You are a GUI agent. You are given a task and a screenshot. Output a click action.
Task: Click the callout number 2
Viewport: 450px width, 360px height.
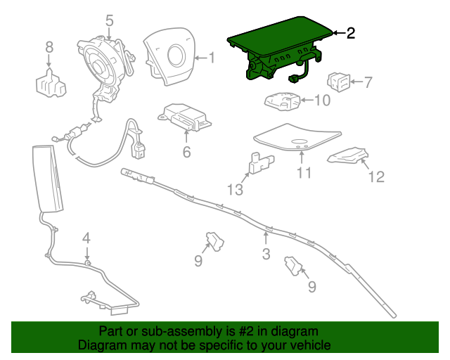[x=351, y=32]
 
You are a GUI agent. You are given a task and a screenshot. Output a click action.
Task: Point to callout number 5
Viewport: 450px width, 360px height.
[x=109, y=21]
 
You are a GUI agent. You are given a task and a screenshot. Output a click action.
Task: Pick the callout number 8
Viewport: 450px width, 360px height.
[x=49, y=47]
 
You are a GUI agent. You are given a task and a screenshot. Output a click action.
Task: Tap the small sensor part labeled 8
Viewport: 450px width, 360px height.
[x=50, y=84]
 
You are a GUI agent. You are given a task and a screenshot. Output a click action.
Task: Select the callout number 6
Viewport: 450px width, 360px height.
[x=187, y=151]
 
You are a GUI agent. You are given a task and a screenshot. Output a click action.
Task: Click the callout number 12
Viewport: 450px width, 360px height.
[x=377, y=176]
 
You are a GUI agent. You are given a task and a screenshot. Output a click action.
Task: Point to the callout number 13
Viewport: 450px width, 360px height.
[x=235, y=189]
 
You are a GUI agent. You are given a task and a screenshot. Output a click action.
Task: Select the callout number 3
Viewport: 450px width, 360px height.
[x=266, y=254]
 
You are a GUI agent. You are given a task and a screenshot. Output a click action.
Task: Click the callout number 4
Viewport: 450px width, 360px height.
[x=86, y=238]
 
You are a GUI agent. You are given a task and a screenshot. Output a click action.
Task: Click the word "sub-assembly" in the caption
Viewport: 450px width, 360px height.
[x=162, y=331]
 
